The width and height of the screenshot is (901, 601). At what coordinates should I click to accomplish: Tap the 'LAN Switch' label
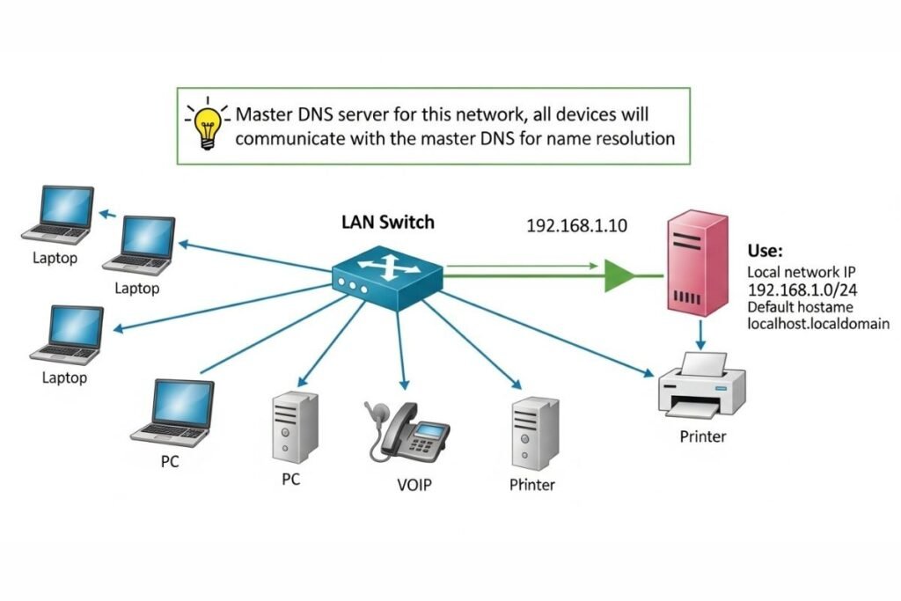coord(387,222)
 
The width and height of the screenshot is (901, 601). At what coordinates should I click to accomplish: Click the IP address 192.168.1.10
coord(576,225)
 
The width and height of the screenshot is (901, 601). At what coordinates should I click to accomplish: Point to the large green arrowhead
coord(619,275)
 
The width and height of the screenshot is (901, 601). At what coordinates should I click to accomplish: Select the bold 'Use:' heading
coord(765,251)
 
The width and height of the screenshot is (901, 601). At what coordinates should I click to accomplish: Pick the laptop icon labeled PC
coord(173,412)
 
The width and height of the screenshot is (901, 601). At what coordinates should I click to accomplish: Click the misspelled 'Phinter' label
coord(532,484)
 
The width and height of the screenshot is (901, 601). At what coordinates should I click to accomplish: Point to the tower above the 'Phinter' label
coord(534,431)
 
